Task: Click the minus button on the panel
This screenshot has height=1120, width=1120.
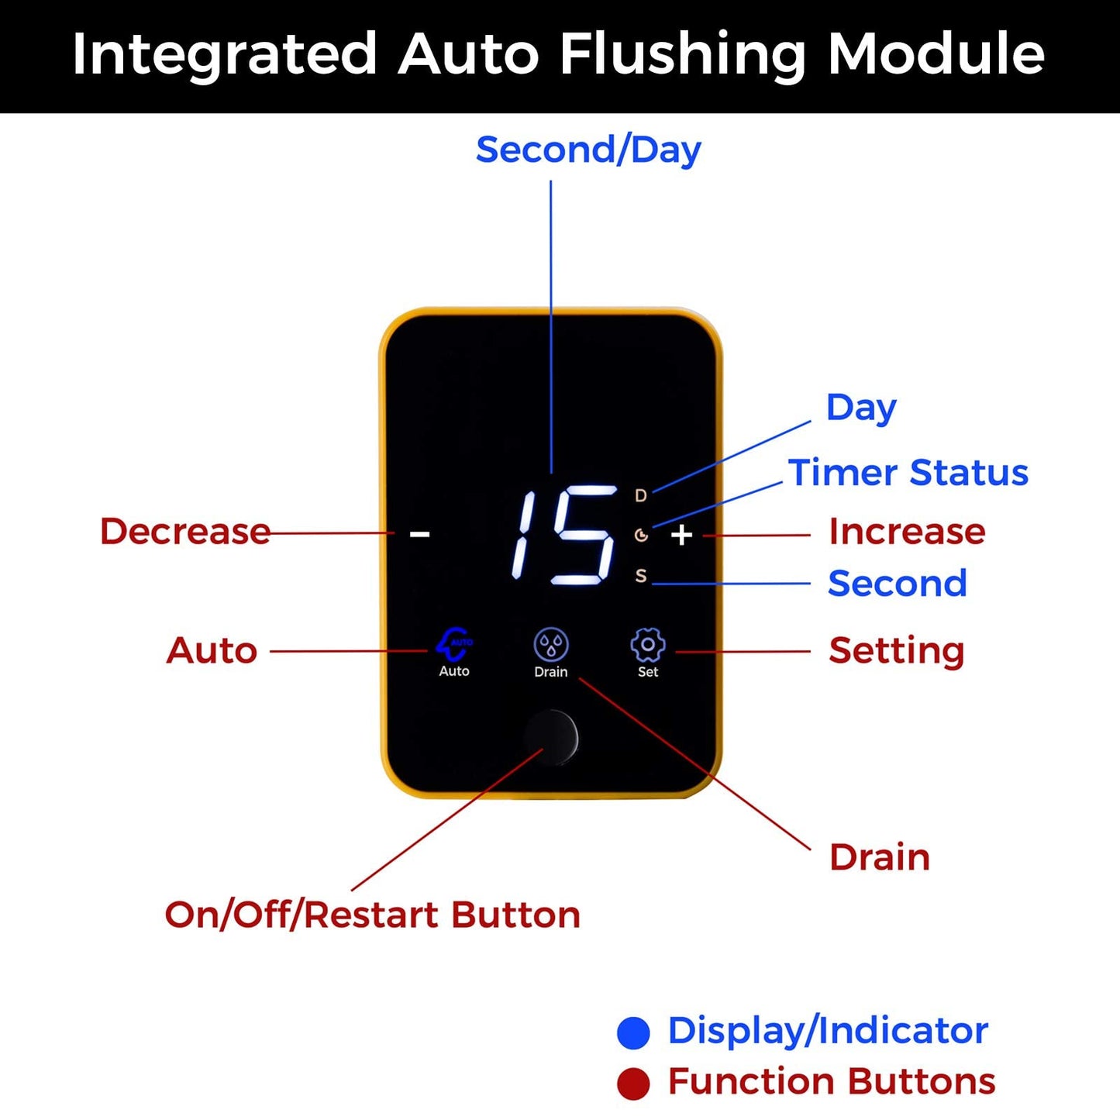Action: point(419,533)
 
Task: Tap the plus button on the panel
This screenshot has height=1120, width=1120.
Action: point(681,536)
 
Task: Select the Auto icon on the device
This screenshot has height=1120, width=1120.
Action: point(454,643)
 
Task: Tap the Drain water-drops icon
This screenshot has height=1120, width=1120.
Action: point(551,645)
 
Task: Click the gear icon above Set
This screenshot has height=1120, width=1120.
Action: point(647,645)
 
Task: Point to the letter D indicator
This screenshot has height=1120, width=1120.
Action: point(641,495)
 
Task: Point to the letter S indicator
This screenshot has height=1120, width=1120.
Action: point(641,576)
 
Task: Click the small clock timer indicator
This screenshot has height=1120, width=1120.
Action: point(641,535)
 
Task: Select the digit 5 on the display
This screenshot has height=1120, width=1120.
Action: point(583,535)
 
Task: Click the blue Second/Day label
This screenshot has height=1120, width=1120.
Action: point(588,150)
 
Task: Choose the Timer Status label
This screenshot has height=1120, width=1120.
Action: point(908,472)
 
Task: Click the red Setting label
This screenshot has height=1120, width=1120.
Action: point(897,651)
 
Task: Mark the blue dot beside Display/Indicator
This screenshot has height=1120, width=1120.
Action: point(633,1033)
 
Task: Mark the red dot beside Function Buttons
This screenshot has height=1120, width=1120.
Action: point(633,1084)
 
